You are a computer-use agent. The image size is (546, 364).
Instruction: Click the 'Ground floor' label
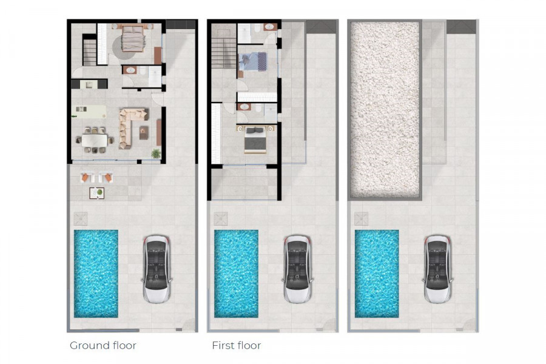(103, 346)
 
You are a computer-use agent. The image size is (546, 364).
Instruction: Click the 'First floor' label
(237, 346)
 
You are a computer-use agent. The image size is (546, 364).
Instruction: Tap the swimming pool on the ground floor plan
(96, 274)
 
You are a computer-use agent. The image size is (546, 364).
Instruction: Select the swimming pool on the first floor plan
(236, 274)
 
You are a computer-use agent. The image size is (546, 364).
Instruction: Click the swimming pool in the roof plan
(377, 274)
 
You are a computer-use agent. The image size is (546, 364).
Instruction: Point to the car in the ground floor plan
(157, 269)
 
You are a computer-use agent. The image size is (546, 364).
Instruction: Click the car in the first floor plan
(297, 269)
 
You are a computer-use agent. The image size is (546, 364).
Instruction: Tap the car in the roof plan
(437, 269)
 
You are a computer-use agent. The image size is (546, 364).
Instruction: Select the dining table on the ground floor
(95, 140)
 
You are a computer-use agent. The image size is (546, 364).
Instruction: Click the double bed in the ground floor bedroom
(132, 38)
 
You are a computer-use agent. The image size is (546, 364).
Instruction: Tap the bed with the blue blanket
(253, 62)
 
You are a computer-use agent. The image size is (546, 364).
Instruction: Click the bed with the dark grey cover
(255, 140)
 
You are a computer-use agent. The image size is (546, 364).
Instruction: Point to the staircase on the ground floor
(90, 52)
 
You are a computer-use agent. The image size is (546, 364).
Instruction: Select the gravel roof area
(385, 109)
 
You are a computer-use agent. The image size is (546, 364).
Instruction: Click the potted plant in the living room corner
(156, 153)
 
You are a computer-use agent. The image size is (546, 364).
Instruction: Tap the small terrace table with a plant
(97, 193)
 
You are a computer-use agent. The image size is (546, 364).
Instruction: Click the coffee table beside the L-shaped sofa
(144, 133)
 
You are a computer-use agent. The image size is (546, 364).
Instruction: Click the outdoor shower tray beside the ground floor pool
(81, 219)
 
